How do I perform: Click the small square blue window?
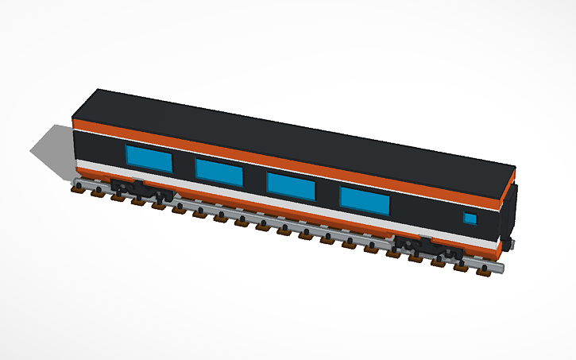tap(470, 219)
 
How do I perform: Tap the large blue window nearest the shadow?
tap(149, 159)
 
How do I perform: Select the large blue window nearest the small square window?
tap(365, 200)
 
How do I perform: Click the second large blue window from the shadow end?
tap(219, 172)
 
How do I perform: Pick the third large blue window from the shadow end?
tap(291, 185)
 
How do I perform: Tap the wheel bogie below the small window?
tap(429, 246)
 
